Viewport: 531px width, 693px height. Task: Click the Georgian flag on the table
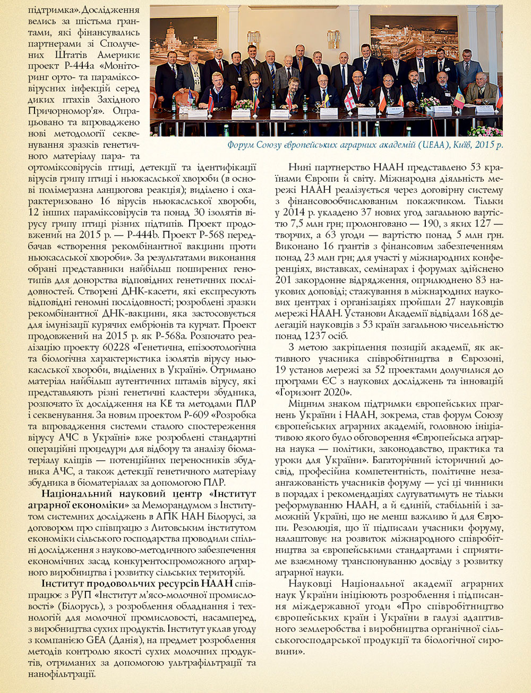point(350,101)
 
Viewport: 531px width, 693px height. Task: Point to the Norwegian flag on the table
point(211,99)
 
